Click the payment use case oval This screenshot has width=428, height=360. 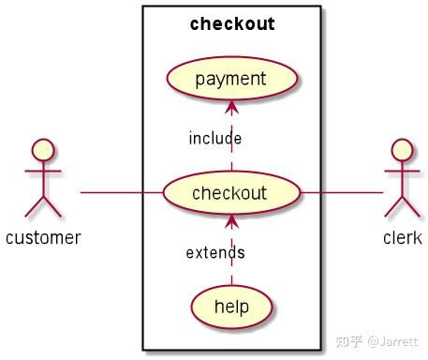coord(231,79)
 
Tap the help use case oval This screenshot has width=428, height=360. coord(231,306)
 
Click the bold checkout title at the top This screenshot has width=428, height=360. coord(231,24)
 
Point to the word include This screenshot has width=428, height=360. coord(214,139)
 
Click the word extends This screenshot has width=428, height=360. coord(215,252)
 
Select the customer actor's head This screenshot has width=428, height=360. coord(43,150)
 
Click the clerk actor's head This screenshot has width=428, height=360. coord(402,150)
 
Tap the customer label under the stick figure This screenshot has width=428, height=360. coord(43,237)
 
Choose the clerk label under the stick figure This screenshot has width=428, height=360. coord(402,237)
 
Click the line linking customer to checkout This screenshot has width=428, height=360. coord(122,193)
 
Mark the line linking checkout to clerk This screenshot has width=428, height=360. coord(342,193)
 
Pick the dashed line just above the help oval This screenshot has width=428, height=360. coord(231,276)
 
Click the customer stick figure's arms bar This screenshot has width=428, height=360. coord(43,173)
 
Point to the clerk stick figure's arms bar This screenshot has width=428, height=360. coord(402,173)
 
